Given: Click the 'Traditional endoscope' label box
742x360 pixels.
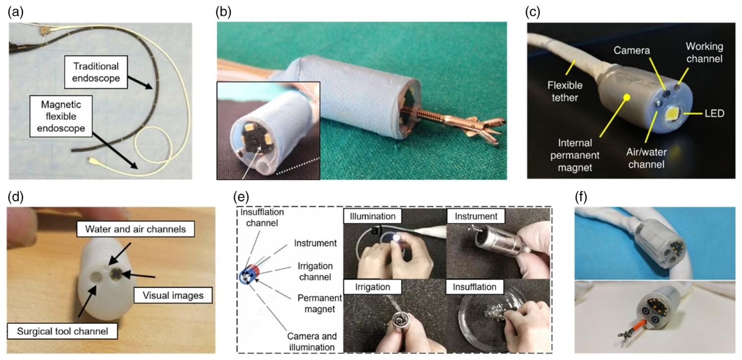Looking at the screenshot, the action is point(96,72).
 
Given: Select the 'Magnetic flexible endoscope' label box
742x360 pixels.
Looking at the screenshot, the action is point(61,116).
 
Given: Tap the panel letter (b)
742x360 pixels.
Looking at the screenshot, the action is point(223,12).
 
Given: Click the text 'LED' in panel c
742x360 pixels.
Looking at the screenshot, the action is point(714,114).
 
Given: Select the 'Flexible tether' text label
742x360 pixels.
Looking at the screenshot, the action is point(565,91).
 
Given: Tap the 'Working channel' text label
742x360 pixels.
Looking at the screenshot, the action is point(704,52).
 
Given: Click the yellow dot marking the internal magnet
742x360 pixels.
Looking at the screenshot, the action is point(626,97).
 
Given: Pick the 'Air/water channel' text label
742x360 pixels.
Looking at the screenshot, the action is point(646,158).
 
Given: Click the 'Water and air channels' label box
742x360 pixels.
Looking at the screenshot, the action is point(136,229).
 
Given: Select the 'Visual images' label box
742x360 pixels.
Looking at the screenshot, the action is point(173,295).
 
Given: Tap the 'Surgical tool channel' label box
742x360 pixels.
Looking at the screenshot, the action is point(62,331).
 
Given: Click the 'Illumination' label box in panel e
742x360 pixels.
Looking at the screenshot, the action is point(372,216).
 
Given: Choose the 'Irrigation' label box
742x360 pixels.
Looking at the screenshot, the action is point(372,287).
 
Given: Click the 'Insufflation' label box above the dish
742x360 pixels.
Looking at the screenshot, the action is point(474,287).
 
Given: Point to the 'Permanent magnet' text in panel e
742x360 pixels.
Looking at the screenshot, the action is point(320,303).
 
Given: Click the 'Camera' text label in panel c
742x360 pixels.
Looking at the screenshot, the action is point(632,50).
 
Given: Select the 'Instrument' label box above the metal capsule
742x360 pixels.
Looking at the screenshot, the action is point(476,216).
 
